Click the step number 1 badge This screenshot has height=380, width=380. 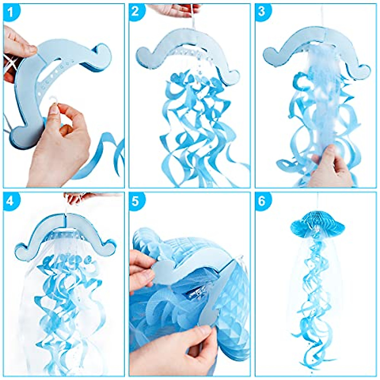(x=10, y=12)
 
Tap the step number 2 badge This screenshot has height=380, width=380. (x=136, y=11)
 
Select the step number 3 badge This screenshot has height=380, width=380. (x=262, y=12)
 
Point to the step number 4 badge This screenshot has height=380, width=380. (x=10, y=200)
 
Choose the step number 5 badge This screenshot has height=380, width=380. (x=136, y=201)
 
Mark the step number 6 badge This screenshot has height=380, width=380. (x=262, y=201)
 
